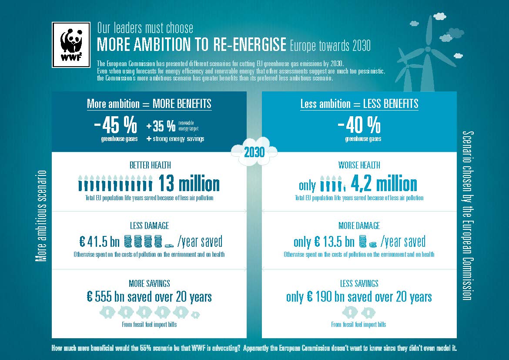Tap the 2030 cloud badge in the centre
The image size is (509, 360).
click(254, 152)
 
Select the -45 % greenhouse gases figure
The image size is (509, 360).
click(115, 126)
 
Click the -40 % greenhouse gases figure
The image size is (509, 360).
click(359, 126)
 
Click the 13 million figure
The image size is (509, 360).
click(189, 184)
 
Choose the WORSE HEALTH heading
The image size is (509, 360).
click(359, 165)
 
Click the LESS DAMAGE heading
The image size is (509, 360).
click(149, 225)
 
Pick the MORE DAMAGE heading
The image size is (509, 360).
click(359, 225)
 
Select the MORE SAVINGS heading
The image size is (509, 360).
click(149, 283)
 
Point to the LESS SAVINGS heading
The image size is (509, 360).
click(359, 283)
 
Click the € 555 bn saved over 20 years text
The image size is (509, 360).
click(149, 297)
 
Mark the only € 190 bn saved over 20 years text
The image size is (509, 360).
click(359, 297)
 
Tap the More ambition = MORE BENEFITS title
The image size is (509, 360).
click(149, 104)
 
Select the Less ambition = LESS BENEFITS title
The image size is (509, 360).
click(359, 104)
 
